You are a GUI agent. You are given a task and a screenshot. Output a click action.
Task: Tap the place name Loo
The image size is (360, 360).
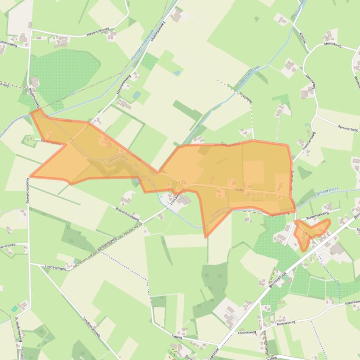tap(182, 182)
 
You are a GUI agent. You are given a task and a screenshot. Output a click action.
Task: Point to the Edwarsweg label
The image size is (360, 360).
tap(7, 245)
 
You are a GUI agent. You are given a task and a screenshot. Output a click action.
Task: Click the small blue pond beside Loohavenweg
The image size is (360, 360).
tap(76, 261)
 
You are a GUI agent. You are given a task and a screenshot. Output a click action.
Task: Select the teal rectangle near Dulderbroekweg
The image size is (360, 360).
tap(14, 309)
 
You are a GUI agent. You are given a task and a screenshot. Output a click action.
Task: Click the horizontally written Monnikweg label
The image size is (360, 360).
tap(332, 46)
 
